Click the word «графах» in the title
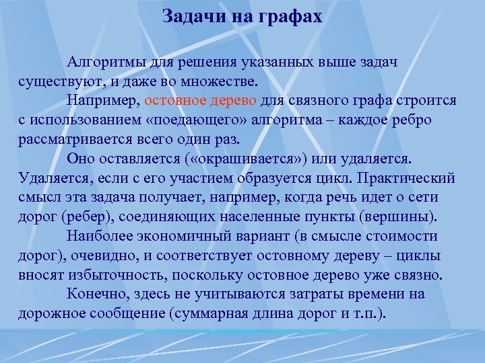click(290, 15)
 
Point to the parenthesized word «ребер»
click(83, 217)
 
